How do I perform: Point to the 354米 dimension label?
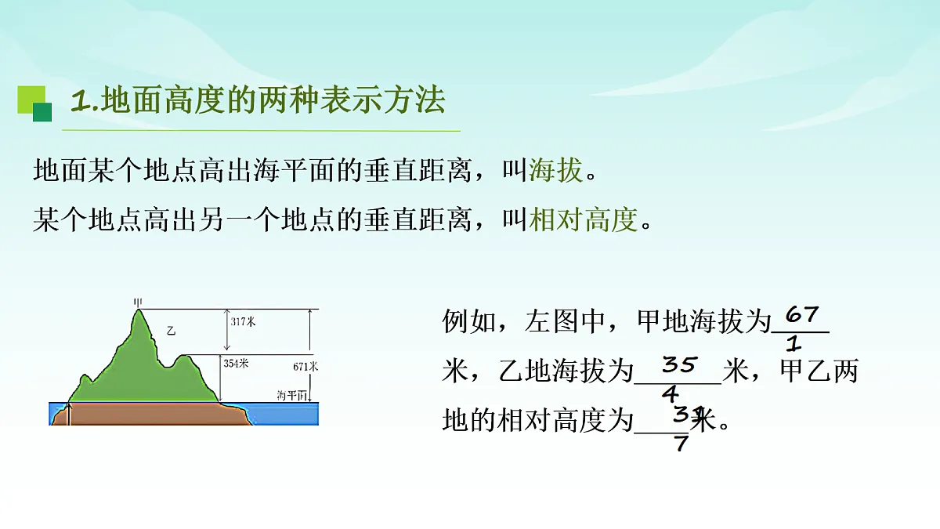[236, 363]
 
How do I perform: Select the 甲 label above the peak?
[139, 302]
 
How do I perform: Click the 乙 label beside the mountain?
[171, 332]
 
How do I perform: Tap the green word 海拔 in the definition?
[556, 170]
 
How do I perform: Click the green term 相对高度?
[584, 220]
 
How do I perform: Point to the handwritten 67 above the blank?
[802, 315]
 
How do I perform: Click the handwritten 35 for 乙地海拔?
[680, 364]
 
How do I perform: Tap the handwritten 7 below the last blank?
[681, 444]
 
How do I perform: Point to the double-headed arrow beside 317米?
[227, 330]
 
